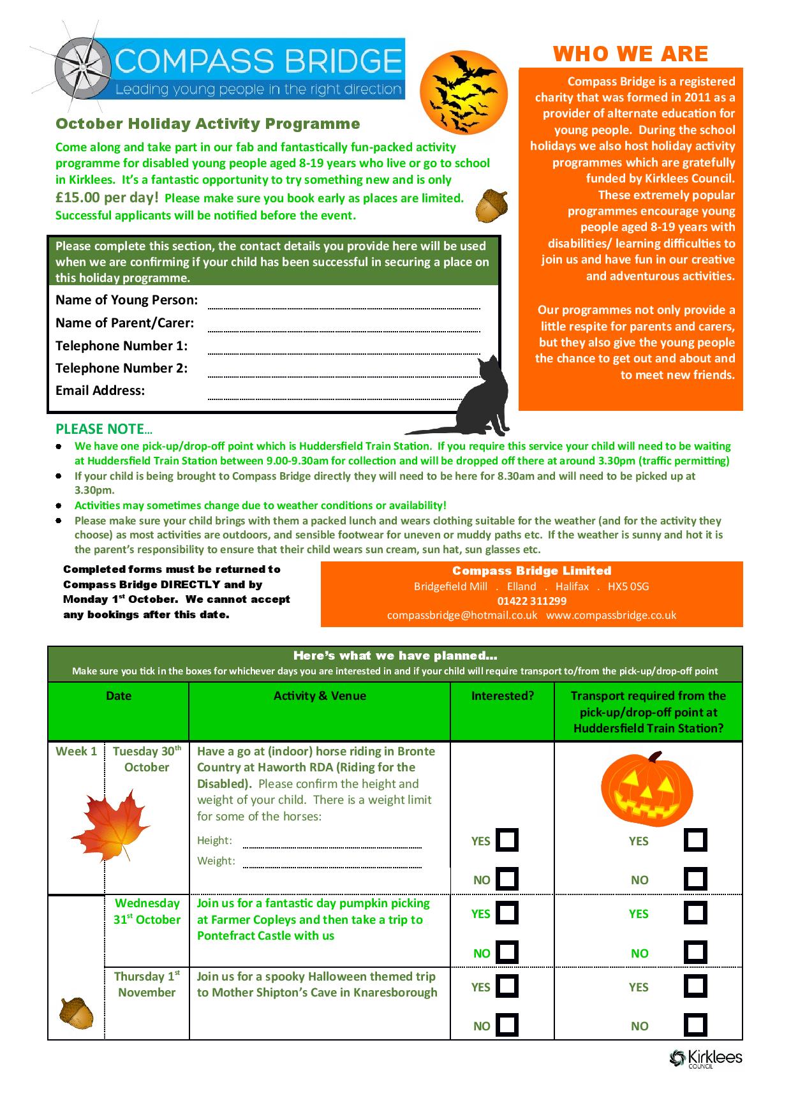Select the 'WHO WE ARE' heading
[630, 54]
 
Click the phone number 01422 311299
[531, 601]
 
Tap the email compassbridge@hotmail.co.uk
[462, 616]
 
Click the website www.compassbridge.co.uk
[610, 616]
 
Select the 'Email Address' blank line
[344, 397]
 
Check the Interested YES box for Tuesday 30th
[506, 840]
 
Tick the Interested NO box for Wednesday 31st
[506, 952]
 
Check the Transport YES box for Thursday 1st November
[695, 986]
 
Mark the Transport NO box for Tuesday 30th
[695, 879]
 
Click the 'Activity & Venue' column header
[320, 696]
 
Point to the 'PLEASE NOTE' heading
[104, 429]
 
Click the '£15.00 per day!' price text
[107, 198]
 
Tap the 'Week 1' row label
[76, 752]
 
